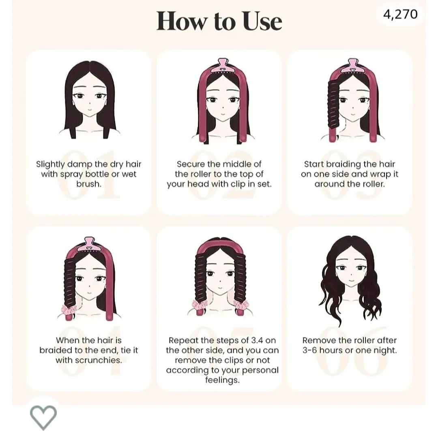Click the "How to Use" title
click(219, 21)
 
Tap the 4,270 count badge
click(400, 14)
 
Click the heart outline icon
click(43, 418)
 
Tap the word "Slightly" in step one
click(51, 164)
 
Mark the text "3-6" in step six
click(309, 350)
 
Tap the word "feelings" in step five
click(222, 380)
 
